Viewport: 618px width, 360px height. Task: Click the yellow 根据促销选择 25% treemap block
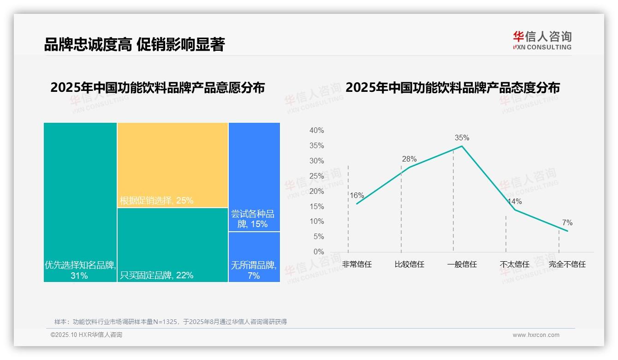pos(172,165)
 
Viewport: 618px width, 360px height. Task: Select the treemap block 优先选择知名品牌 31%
pos(80,202)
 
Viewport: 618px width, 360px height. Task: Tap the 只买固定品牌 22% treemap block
pos(172,245)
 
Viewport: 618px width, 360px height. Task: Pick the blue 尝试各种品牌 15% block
pos(254,177)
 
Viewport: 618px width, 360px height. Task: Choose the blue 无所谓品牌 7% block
pos(254,257)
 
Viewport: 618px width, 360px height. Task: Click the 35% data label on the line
pos(462,138)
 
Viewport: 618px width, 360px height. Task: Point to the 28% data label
pos(409,159)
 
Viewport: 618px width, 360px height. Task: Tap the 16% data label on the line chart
pos(357,195)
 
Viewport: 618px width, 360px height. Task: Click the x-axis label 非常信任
pos(357,264)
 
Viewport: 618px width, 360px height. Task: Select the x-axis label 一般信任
pos(462,264)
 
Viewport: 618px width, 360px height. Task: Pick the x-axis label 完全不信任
pos(567,264)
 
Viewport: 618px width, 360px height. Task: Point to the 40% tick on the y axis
pos(316,131)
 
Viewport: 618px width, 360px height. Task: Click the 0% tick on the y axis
pos(319,252)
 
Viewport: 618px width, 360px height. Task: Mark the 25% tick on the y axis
pos(316,176)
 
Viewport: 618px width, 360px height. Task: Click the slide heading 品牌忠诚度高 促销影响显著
pos(134,45)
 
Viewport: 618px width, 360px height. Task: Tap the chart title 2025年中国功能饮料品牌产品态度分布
pos(452,87)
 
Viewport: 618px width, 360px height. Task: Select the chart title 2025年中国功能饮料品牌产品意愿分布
pos(158,87)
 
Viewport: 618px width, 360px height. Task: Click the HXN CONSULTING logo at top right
pos(542,40)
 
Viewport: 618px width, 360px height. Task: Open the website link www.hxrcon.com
pos(536,335)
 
